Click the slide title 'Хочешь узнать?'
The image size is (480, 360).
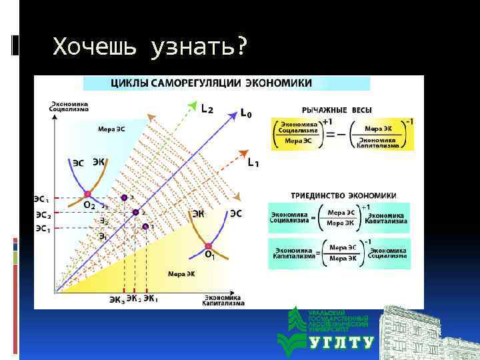click(149, 47)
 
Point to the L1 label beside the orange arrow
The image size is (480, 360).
click(253, 161)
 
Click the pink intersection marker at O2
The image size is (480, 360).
click(87, 195)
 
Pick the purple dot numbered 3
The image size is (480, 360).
click(124, 198)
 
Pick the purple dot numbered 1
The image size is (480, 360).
click(145, 227)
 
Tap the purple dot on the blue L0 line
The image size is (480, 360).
click(135, 212)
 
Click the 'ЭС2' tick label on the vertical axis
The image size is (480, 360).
click(43, 215)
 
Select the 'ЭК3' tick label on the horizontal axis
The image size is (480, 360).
click(117, 299)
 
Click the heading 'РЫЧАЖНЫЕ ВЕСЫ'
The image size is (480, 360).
click(337, 109)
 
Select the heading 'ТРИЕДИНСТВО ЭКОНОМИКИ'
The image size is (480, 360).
click(343, 196)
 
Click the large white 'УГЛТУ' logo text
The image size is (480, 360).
click(342, 343)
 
